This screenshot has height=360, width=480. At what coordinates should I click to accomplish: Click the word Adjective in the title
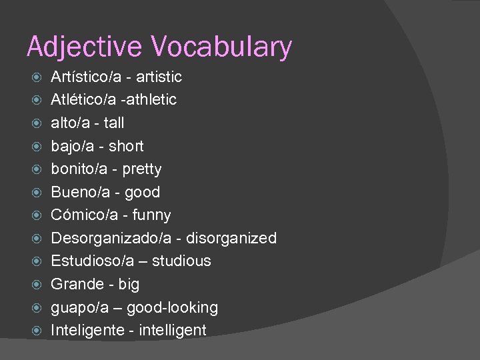click(x=84, y=47)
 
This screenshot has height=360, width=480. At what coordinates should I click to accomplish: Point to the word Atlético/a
click(x=82, y=100)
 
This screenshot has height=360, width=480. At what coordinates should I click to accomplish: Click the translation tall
click(x=113, y=123)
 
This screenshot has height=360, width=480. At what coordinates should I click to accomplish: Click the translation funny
click(x=151, y=215)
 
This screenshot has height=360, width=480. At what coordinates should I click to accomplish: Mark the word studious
click(x=181, y=261)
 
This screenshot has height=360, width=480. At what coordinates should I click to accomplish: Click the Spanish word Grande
click(x=77, y=284)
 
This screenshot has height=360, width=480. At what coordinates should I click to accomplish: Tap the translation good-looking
click(x=172, y=307)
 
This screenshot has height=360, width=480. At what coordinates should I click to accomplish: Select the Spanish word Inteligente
click(x=87, y=330)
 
